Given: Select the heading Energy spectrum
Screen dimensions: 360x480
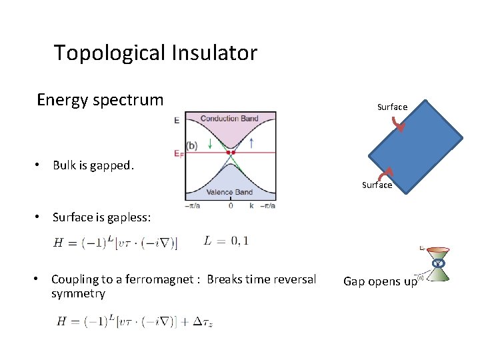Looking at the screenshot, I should [100, 100].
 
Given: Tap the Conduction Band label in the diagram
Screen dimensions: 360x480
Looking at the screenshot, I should [229, 119].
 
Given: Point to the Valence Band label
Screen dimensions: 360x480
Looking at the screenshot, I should [229, 192].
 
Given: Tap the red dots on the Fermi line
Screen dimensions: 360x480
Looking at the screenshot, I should [231, 153].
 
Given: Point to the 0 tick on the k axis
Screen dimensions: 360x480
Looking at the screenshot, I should [230, 207].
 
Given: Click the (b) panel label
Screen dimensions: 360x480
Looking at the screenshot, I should [191, 145].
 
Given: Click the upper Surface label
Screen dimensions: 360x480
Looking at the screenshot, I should [392, 107].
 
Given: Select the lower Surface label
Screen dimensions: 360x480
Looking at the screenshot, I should [377, 185].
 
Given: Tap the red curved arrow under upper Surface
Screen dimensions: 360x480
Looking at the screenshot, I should [397, 123].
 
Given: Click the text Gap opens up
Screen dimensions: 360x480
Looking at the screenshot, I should [380, 281].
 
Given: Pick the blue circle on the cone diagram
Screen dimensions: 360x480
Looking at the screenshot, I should [438, 264].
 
